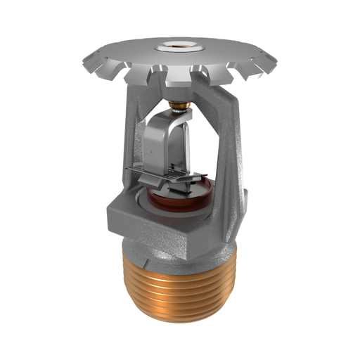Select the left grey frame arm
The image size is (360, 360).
tap(134, 141)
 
